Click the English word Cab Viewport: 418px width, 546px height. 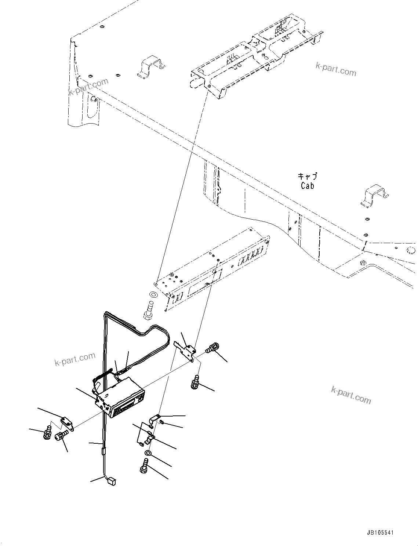pyautogui.click(x=307, y=186)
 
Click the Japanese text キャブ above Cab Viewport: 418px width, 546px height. pyautogui.click(x=307, y=177)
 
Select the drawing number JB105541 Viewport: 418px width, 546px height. pyautogui.click(x=379, y=533)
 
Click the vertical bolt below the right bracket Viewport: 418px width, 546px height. pyautogui.click(x=195, y=382)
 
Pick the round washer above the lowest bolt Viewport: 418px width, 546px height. pyautogui.click(x=148, y=454)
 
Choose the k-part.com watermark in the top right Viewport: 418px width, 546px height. pyautogui.click(x=336, y=69)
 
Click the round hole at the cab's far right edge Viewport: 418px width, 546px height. pyautogui.click(x=411, y=250)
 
